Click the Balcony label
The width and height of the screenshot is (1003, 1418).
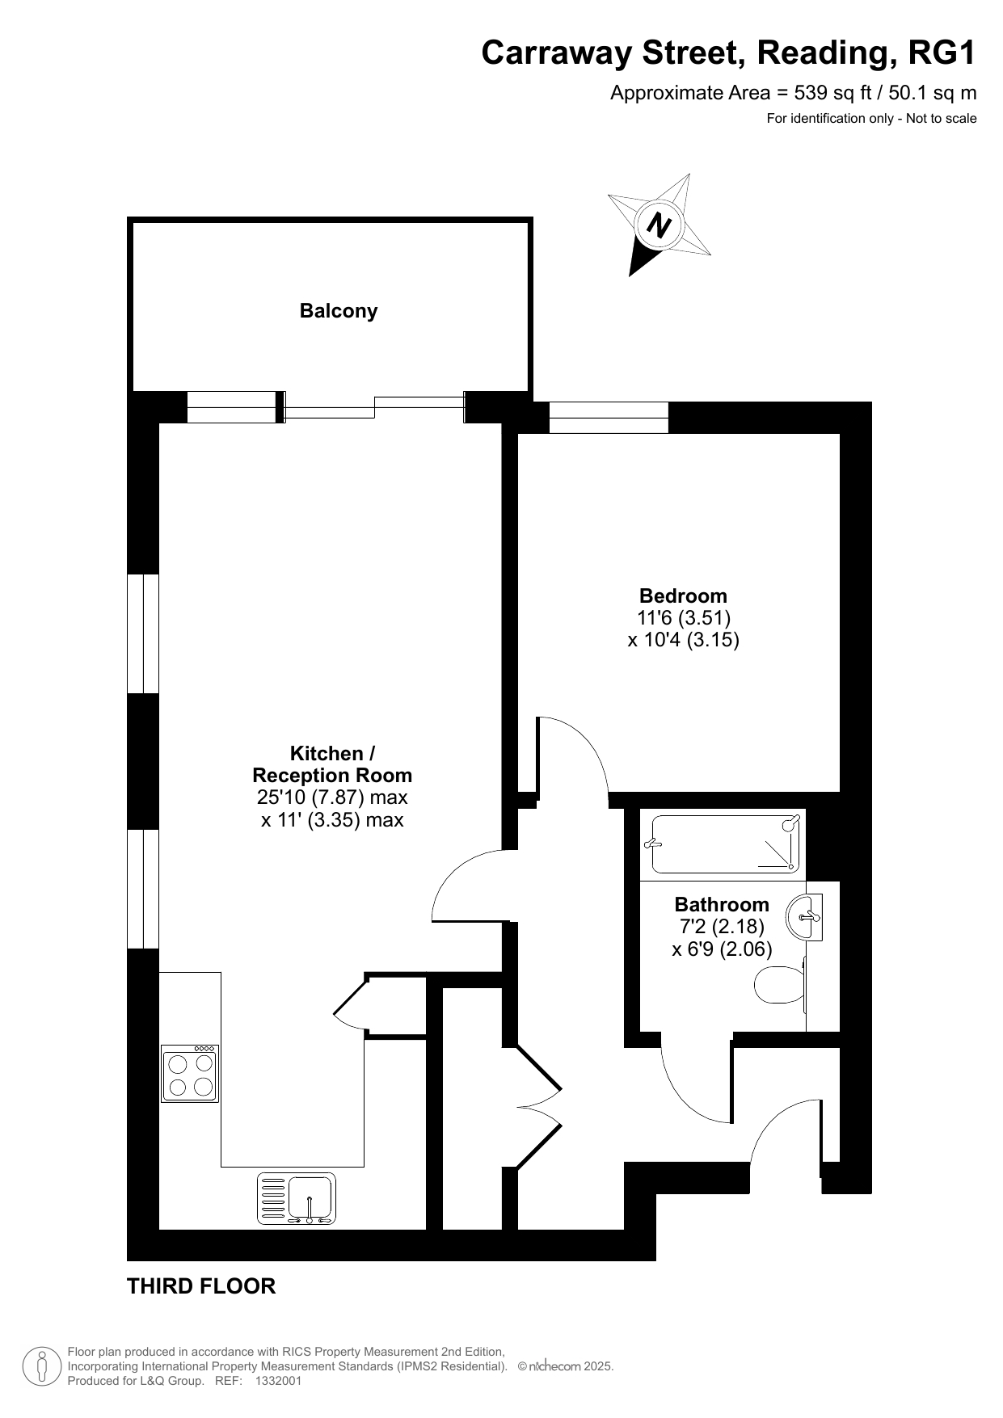[x=339, y=311]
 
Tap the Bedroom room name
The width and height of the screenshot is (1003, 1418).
[x=683, y=595]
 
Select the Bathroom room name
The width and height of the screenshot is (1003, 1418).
[x=722, y=904]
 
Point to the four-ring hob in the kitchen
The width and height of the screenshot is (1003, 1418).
[x=191, y=1074]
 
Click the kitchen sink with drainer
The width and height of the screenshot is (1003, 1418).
[x=297, y=1198]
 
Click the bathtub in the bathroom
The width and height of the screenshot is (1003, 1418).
[x=725, y=844]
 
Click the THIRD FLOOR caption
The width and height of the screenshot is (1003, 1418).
[x=201, y=1286]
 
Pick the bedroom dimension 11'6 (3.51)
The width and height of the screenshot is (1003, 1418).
[x=684, y=618]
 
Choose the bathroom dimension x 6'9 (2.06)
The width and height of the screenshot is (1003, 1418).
[x=722, y=949]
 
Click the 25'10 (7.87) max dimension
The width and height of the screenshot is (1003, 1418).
[x=332, y=797]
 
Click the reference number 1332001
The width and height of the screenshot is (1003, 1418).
[x=278, y=1381]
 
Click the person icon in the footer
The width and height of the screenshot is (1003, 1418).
[x=42, y=1366]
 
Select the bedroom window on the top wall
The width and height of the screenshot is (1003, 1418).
[x=609, y=417]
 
